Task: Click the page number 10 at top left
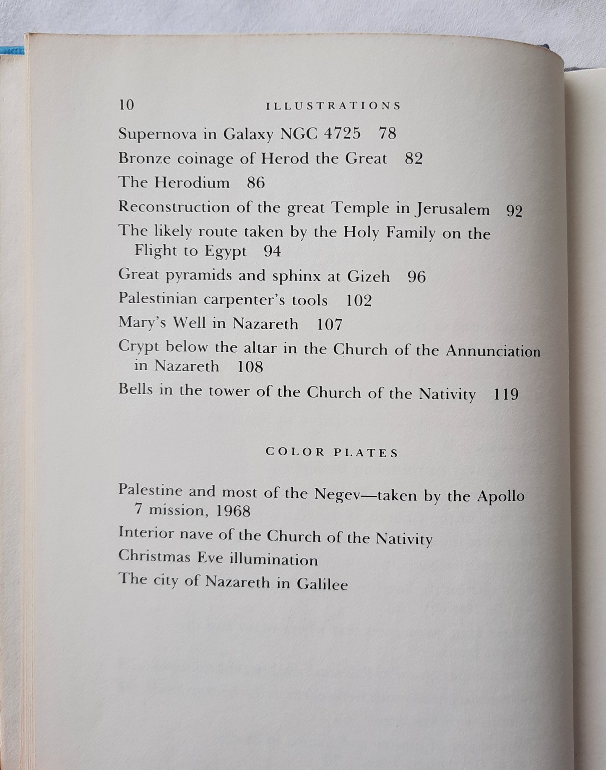click(x=127, y=105)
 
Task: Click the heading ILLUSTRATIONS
click(x=334, y=106)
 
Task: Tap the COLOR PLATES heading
click(x=332, y=453)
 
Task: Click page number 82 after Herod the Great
click(x=414, y=159)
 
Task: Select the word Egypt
click(x=225, y=252)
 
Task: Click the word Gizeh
click(x=368, y=276)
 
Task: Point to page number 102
click(x=359, y=301)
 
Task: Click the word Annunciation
click(x=493, y=351)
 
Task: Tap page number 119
click(x=506, y=394)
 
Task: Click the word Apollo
click(x=501, y=497)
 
